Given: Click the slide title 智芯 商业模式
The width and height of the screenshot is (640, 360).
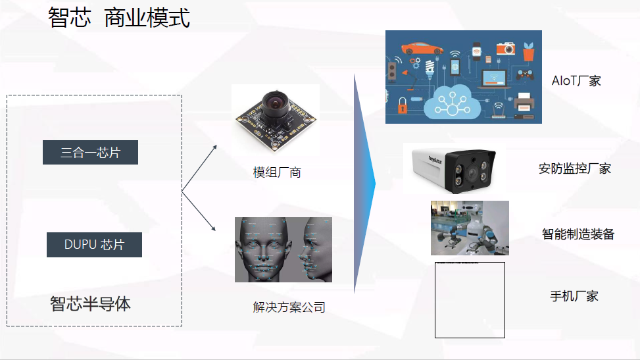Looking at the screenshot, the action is click(119, 18).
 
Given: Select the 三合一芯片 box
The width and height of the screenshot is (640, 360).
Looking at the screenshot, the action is click(90, 153).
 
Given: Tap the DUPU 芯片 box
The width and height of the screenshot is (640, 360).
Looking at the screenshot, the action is click(94, 245).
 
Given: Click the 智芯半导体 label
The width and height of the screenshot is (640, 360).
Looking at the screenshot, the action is click(90, 303).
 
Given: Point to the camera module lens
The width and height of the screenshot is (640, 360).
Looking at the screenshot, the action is click(272, 102).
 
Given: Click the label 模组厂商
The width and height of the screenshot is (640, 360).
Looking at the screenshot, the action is click(277, 173).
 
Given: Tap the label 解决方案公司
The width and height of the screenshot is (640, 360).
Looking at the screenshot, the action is click(289, 307).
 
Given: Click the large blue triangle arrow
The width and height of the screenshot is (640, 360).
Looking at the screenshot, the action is click(364, 184).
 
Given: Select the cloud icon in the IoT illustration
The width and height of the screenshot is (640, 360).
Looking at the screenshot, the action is click(453, 101).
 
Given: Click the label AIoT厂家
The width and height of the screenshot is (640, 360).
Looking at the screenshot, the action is click(576, 81).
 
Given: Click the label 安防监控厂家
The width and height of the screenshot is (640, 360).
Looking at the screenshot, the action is click(574, 168).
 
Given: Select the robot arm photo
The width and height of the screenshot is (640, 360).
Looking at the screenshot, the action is click(470, 228).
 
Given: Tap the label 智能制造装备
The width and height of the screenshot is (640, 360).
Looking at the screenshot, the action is click(578, 234).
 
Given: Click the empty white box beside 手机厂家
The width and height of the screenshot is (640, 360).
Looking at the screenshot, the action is click(470, 300).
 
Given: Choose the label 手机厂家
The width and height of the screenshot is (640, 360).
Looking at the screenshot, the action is click(574, 296).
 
